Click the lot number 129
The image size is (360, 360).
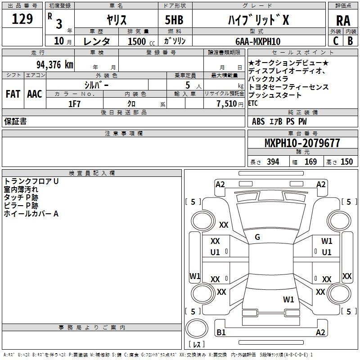coord(23,19)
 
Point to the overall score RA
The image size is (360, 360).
coord(343,21)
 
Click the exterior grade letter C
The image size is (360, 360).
coord(335,40)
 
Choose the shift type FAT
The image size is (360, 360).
coord(13,94)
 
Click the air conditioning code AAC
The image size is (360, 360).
coord(34,94)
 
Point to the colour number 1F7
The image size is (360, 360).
coord(74,103)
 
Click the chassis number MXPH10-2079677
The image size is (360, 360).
coord(302,143)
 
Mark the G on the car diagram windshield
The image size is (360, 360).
coord(257,237)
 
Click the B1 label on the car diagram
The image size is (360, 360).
coord(221,333)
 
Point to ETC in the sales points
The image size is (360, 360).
coord(253,103)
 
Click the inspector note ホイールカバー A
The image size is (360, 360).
coord(31,214)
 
